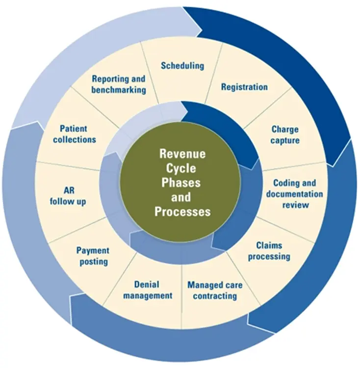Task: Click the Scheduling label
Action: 182,66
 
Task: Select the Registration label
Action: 244,87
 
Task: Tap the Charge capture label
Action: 285,135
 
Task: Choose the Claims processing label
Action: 269,251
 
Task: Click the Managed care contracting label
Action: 215,290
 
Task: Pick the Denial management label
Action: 148,290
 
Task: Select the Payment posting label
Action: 93,256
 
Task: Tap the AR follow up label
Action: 69,195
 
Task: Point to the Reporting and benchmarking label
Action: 119,84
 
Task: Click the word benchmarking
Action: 119,90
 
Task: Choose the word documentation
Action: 295,194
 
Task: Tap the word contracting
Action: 215,296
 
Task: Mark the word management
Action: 148,296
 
